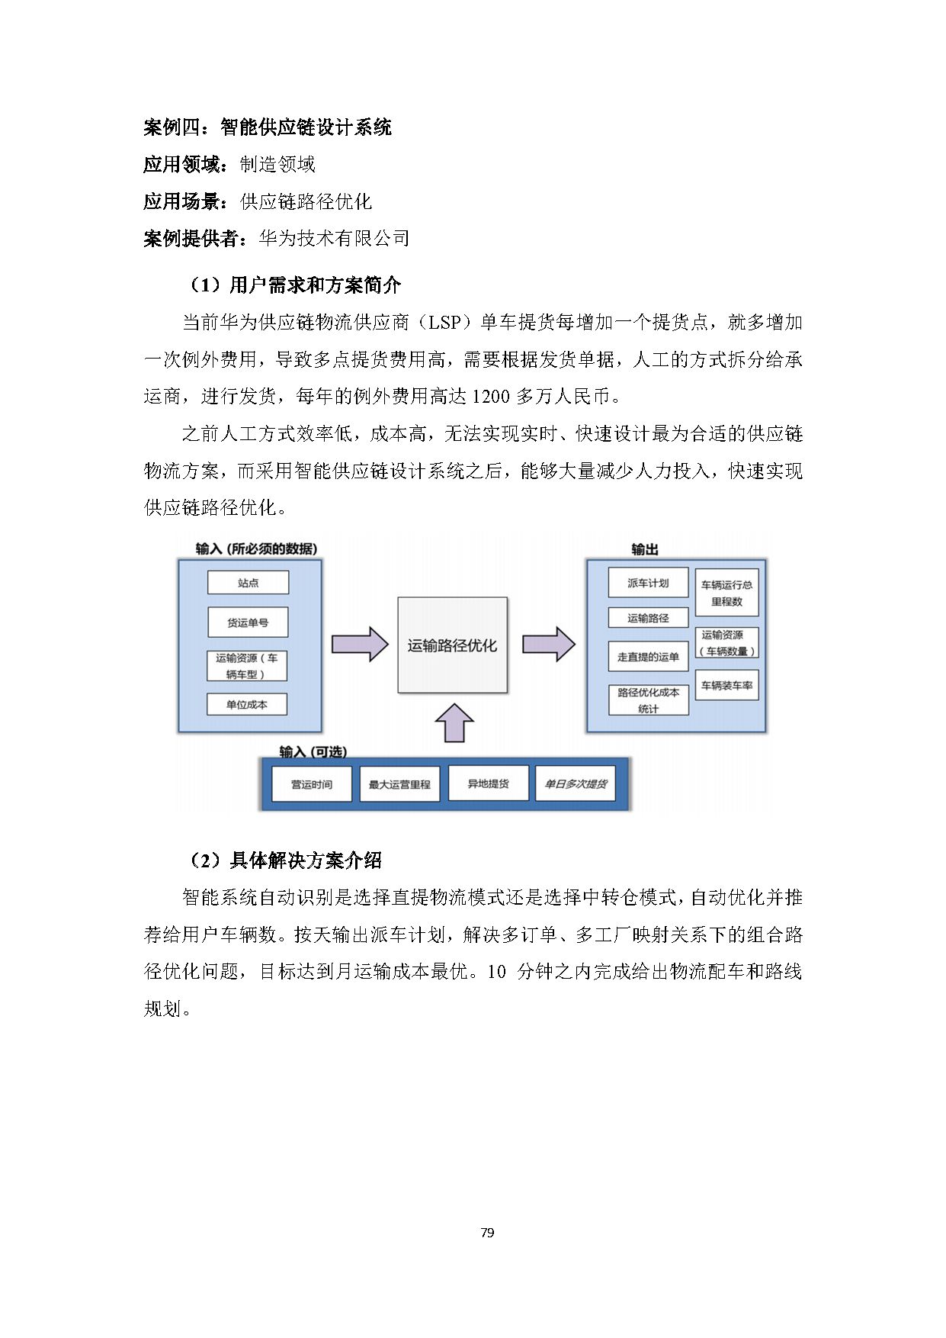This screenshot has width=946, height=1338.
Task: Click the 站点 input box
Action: coord(248,583)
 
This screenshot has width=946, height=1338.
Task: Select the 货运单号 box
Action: coord(248,622)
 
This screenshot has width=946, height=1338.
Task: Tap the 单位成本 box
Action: coord(247,704)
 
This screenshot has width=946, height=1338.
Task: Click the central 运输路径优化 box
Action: coord(452,645)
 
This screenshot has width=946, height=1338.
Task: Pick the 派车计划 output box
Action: coord(648,583)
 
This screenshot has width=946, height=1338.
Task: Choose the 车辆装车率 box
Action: coord(726,685)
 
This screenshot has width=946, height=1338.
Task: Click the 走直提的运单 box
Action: coord(648,656)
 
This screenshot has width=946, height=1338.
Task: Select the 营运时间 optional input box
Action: coord(312,784)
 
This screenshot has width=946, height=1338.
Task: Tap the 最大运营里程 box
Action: coord(399,784)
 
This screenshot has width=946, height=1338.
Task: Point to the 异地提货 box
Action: coord(488,783)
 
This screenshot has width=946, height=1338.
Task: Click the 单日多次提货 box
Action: coord(576,783)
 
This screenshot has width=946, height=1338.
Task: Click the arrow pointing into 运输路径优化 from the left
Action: coord(360,645)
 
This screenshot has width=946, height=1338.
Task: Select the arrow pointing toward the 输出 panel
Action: coord(548,645)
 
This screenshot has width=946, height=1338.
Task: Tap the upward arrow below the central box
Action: coord(454,723)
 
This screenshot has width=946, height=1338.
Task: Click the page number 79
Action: coord(488,1233)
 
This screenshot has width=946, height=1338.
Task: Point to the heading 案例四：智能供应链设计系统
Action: coord(268,127)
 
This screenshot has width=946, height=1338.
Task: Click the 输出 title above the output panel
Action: coord(645,549)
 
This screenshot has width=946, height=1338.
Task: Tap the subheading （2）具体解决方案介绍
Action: coord(286,860)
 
